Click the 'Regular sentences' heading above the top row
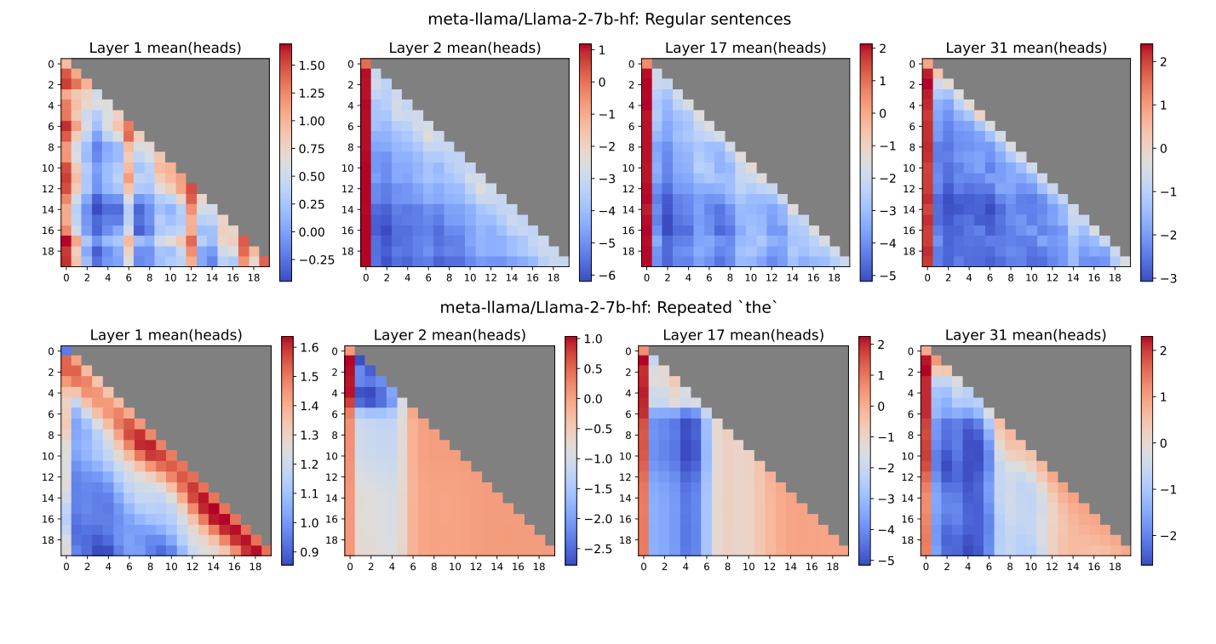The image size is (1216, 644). (x=607, y=18)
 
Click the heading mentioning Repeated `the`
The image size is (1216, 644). (x=607, y=307)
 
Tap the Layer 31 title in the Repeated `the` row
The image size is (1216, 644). (x=1026, y=335)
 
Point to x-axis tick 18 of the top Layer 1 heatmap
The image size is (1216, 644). (x=253, y=277)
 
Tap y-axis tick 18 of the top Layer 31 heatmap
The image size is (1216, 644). (x=912, y=251)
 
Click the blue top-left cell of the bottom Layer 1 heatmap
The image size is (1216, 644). (x=66, y=351)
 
